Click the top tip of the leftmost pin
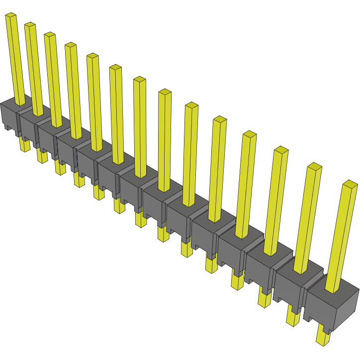(x=11, y=16)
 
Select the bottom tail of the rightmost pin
(x=323, y=338)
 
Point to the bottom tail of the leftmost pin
(x=24, y=145)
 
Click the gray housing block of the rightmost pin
(x=332, y=306)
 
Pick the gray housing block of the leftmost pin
(x=10, y=113)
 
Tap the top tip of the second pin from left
(x=30, y=25)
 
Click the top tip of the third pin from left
(x=50, y=35)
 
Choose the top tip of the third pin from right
(x=281, y=150)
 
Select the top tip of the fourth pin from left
(x=71, y=45)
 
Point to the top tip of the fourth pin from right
(x=250, y=134)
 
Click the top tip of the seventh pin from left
(x=140, y=80)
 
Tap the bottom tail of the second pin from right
(x=293, y=316)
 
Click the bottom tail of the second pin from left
(x=42, y=156)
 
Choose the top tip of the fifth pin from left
(x=92, y=56)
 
